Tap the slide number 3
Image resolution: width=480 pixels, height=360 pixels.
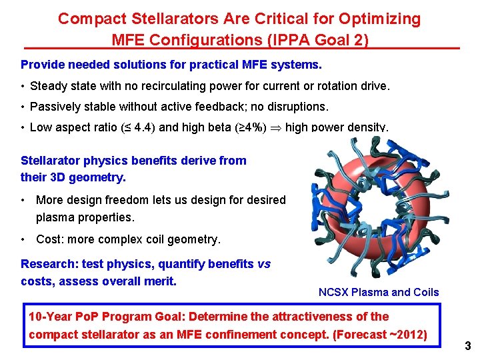(x=468, y=346)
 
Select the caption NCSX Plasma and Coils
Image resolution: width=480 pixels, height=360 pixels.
(x=379, y=292)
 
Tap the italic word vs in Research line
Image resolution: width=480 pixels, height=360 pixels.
(x=263, y=264)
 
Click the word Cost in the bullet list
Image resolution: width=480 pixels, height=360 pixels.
(x=49, y=239)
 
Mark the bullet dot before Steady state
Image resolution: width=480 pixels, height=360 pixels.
(x=23, y=86)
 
